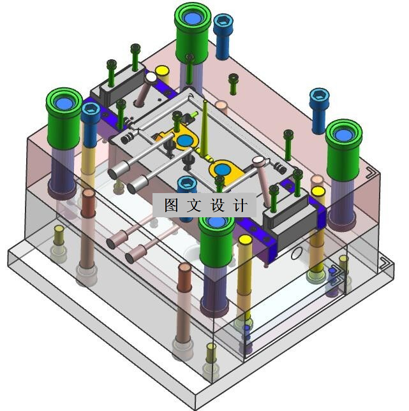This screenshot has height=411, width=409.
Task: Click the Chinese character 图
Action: [x=172, y=205]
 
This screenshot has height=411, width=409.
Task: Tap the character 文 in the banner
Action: [x=194, y=205]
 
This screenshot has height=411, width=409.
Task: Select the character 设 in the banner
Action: [x=217, y=205]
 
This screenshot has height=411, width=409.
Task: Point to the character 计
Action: [x=240, y=205]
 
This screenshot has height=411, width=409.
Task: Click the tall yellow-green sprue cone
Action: [x=204, y=129]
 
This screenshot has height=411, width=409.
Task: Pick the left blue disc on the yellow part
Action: [x=185, y=141]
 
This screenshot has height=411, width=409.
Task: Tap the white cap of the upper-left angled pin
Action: [x=151, y=77]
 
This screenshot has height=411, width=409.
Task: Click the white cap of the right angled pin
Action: [x=258, y=160]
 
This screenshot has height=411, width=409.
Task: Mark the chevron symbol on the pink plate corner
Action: [x=371, y=173]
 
